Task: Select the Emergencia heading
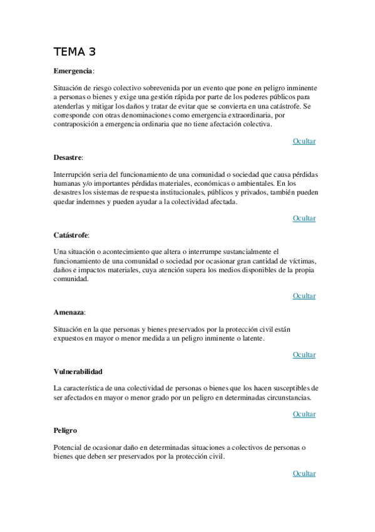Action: click(x=73, y=72)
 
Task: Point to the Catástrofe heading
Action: click(x=71, y=235)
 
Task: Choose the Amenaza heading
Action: click(x=69, y=312)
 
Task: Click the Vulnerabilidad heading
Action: click(x=78, y=371)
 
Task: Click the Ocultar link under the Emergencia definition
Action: click(x=304, y=141)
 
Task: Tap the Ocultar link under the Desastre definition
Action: click(x=304, y=218)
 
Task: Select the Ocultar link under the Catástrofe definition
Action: click(x=304, y=296)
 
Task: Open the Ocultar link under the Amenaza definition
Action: click(x=304, y=355)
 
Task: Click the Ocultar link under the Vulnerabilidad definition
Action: click(x=304, y=414)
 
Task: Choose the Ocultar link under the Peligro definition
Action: click(x=304, y=474)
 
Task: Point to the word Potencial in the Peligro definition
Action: click(x=69, y=447)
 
